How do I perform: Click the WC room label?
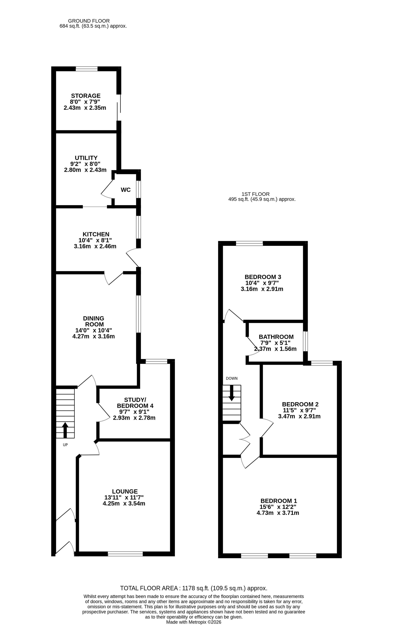[125, 190]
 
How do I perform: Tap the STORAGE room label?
[86, 96]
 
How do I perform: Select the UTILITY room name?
[86, 158]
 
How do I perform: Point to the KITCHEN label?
[96, 234]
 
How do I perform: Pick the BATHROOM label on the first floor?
[276, 337]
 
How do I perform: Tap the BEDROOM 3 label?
[263, 277]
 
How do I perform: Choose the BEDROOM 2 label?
[300, 404]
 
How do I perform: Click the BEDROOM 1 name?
[279, 501]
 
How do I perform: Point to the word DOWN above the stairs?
[232, 378]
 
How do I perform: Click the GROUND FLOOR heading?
[89, 21]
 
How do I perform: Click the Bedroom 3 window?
[249, 243]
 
